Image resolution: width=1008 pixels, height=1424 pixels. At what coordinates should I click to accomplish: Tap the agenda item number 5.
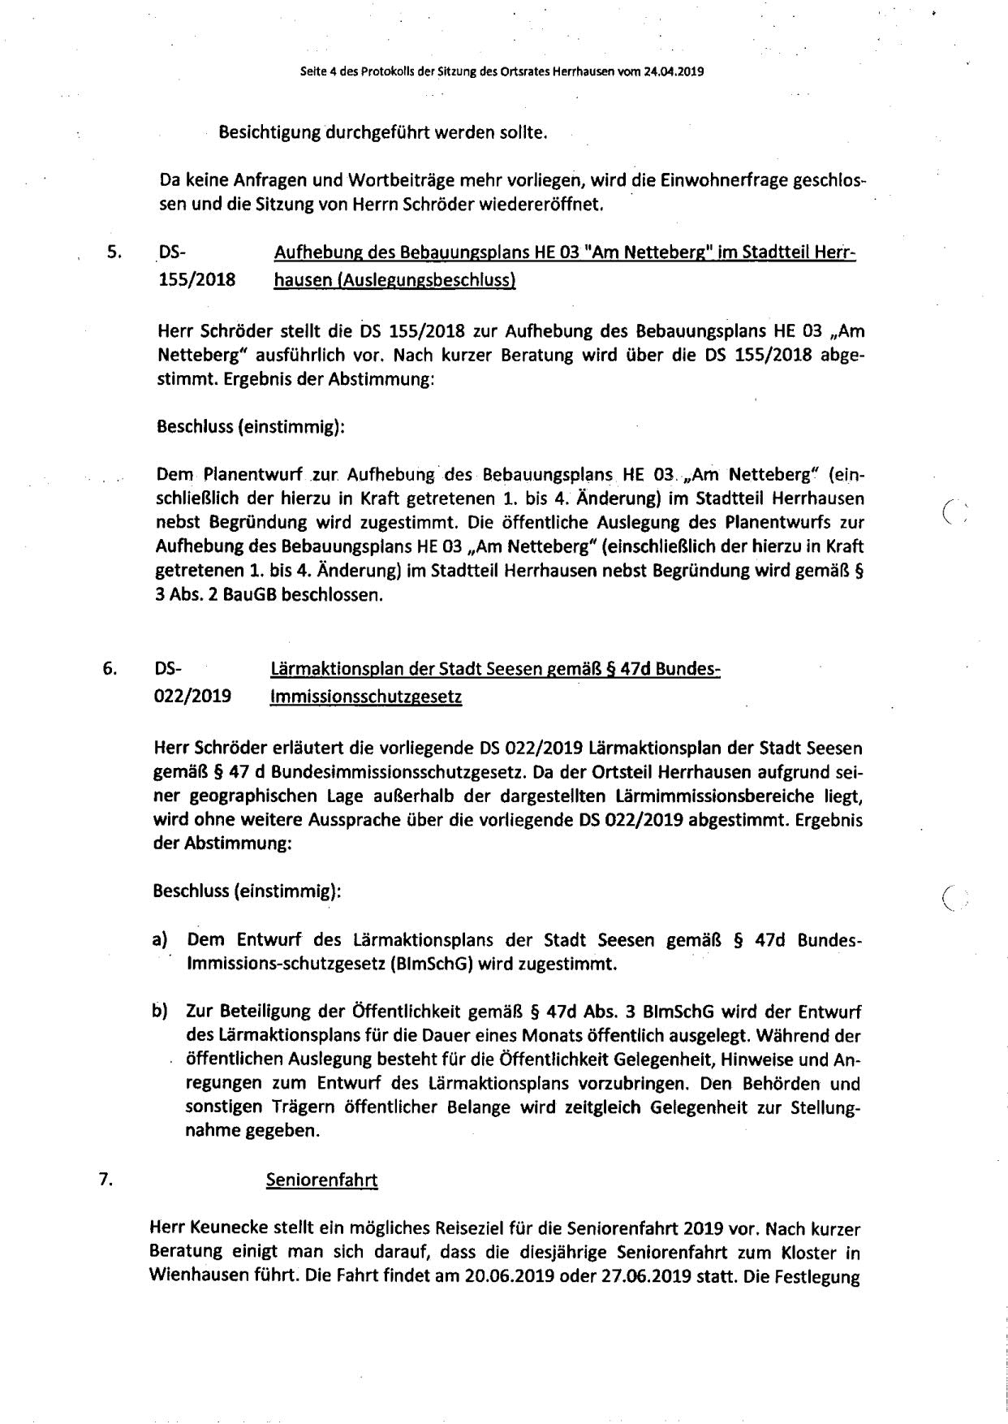(x=114, y=252)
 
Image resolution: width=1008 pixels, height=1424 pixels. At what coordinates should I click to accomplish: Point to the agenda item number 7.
(x=105, y=1179)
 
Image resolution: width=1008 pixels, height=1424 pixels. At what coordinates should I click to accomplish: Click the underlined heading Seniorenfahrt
(x=322, y=1180)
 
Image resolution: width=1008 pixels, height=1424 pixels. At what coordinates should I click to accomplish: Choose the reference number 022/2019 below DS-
(x=192, y=697)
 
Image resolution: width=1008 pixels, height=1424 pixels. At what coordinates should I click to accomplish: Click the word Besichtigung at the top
(x=270, y=132)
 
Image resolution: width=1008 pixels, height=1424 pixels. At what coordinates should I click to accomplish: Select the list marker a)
(x=159, y=939)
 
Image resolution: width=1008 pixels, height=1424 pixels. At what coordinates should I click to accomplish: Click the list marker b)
(x=159, y=1011)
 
